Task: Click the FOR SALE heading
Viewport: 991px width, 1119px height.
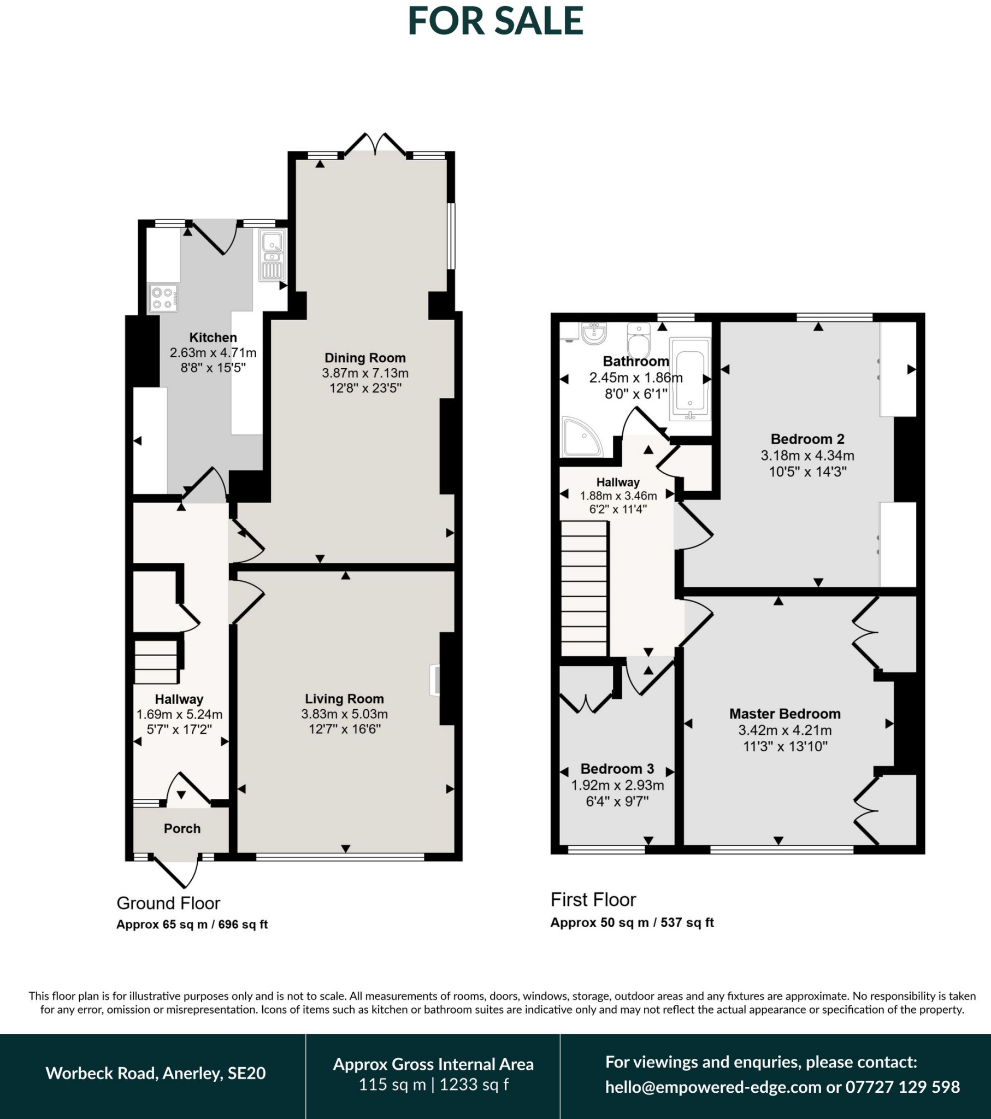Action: point(495,21)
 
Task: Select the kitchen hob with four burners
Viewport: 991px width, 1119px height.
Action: point(163,298)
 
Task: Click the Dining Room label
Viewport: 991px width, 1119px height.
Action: point(365,357)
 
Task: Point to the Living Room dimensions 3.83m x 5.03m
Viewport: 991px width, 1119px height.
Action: point(344,714)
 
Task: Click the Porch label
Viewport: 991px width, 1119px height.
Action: point(182,828)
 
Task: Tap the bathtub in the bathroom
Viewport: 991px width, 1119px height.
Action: point(690,379)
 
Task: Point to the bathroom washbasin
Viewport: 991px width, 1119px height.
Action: point(593,332)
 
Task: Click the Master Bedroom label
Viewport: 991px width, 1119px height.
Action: point(784,714)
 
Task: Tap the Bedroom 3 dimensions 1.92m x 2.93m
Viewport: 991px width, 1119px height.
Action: point(617,785)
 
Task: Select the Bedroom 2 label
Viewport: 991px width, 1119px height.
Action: point(807,439)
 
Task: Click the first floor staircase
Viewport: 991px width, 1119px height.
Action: point(584,588)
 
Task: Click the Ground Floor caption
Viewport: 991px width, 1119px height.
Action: point(168,903)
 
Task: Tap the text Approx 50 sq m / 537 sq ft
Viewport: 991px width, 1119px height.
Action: point(632,922)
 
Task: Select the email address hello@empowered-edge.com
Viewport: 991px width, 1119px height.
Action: point(713,1087)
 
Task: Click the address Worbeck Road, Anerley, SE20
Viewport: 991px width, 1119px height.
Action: point(156,1073)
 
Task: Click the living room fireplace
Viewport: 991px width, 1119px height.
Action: point(435,679)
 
